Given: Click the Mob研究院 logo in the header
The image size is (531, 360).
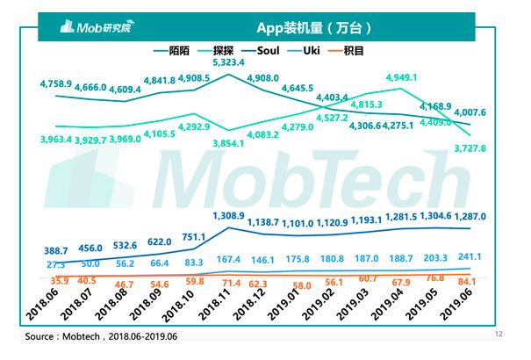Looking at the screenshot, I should [x=89, y=26].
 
